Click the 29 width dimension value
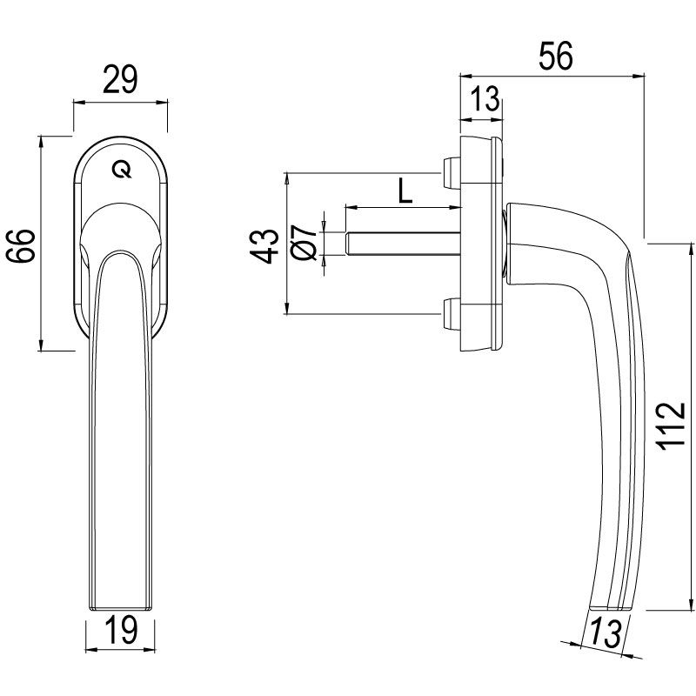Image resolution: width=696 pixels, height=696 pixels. pyautogui.click(x=120, y=81)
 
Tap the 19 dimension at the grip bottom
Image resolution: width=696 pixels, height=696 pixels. pyautogui.click(x=121, y=631)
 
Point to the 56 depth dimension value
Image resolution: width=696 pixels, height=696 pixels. pyautogui.click(x=554, y=57)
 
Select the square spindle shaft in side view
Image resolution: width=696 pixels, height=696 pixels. pyautogui.click(x=400, y=244)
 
